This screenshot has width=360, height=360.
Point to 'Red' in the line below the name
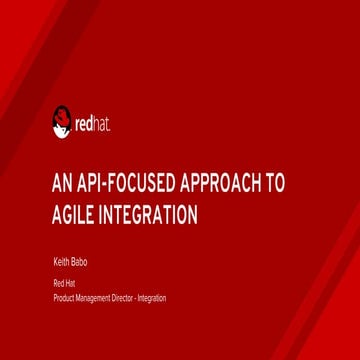(x=56, y=284)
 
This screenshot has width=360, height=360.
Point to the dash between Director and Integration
(x=137, y=298)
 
